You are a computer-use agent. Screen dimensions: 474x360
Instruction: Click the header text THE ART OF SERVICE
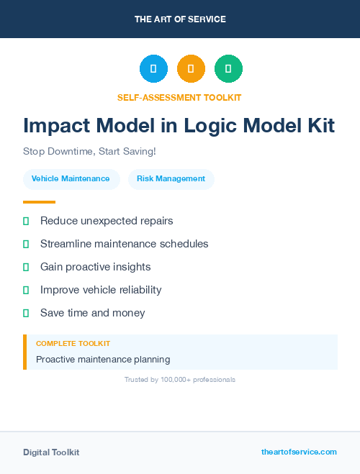click(180, 19)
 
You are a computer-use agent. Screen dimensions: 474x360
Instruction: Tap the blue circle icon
click(153, 69)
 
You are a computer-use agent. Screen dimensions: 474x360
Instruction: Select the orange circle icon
click(191, 69)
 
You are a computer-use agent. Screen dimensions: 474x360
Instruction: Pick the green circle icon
click(228, 69)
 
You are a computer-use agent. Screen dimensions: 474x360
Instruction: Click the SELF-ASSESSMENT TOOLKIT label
click(179, 97)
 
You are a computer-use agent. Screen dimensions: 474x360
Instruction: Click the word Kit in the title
click(318, 126)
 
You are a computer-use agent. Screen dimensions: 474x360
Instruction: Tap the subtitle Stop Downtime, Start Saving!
click(89, 152)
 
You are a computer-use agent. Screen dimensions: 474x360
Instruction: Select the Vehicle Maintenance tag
click(71, 178)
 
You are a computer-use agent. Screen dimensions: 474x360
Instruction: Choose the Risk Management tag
click(171, 178)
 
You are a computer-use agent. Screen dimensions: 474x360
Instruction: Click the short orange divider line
click(39, 202)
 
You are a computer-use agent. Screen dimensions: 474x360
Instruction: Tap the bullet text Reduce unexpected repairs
click(107, 221)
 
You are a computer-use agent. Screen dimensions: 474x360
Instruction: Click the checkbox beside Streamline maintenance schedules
click(26, 245)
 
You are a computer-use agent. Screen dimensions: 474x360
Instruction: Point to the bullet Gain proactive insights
click(95, 267)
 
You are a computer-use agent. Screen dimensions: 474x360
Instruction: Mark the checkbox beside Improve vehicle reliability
click(26, 291)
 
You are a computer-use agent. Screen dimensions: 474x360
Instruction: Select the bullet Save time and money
click(92, 313)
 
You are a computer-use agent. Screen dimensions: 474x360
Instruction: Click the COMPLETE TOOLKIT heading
click(73, 344)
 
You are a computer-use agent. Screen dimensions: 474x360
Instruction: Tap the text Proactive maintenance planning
click(103, 359)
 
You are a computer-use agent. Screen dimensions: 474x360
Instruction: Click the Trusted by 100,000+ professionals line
click(180, 379)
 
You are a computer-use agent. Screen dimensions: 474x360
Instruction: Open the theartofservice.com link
click(299, 452)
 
